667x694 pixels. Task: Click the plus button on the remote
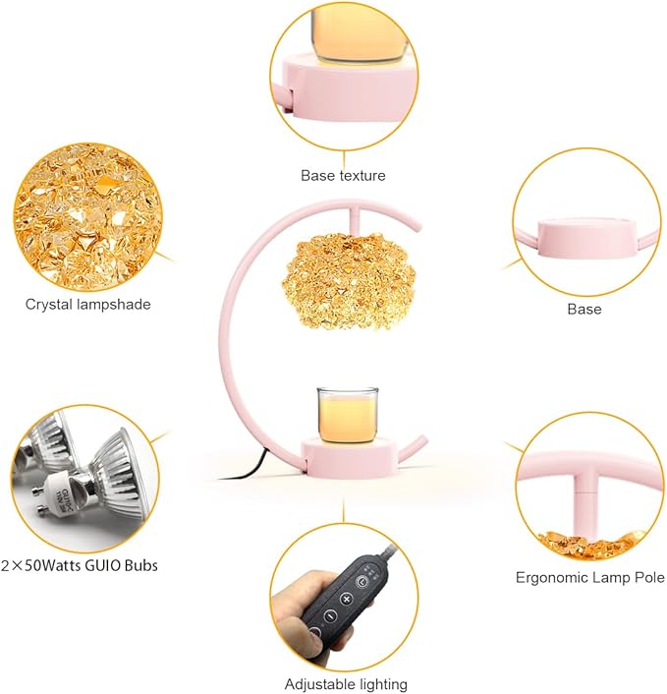pyautogui.click(x=346, y=600)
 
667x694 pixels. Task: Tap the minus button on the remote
pyautogui.click(x=330, y=615)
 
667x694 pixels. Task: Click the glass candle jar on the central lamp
pyautogui.click(x=347, y=415)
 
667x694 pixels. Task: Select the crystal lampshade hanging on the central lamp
pyautogui.click(x=349, y=281)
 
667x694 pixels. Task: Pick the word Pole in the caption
pyautogui.click(x=649, y=577)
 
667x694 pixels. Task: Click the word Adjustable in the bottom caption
pyautogui.click(x=313, y=684)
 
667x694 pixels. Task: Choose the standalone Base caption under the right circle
pyautogui.click(x=584, y=309)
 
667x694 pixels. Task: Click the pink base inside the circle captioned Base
pyautogui.click(x=586, y=238)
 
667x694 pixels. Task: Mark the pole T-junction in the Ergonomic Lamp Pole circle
pyautogui.click(x=584, y=477)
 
